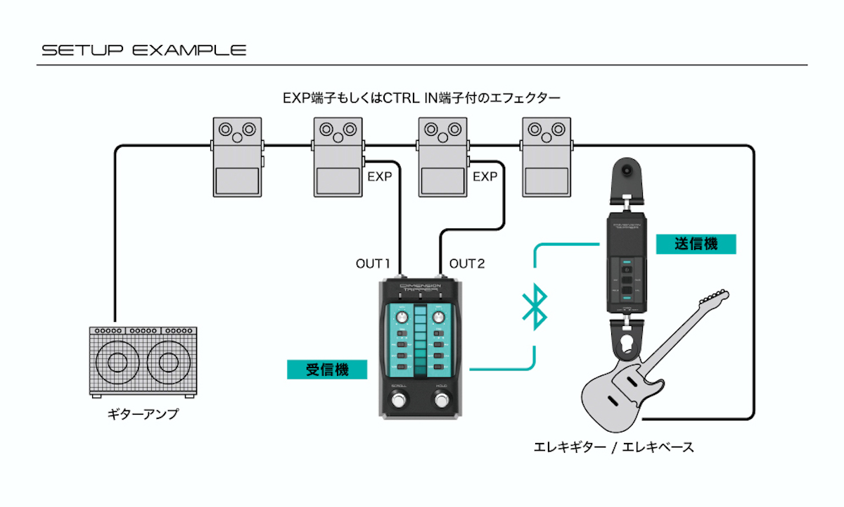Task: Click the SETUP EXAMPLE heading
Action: (x=143, y=51)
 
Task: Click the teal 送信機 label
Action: (x=696, y=244)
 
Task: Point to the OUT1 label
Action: (x=373, y=264)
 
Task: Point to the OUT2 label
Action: (x=467, y=264)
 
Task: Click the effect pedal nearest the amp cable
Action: (x=238, y=156)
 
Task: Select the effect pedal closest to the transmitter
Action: (x=546, y=156)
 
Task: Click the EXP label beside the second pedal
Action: (x=379, y=177)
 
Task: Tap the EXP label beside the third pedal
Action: (x=485, y=177)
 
